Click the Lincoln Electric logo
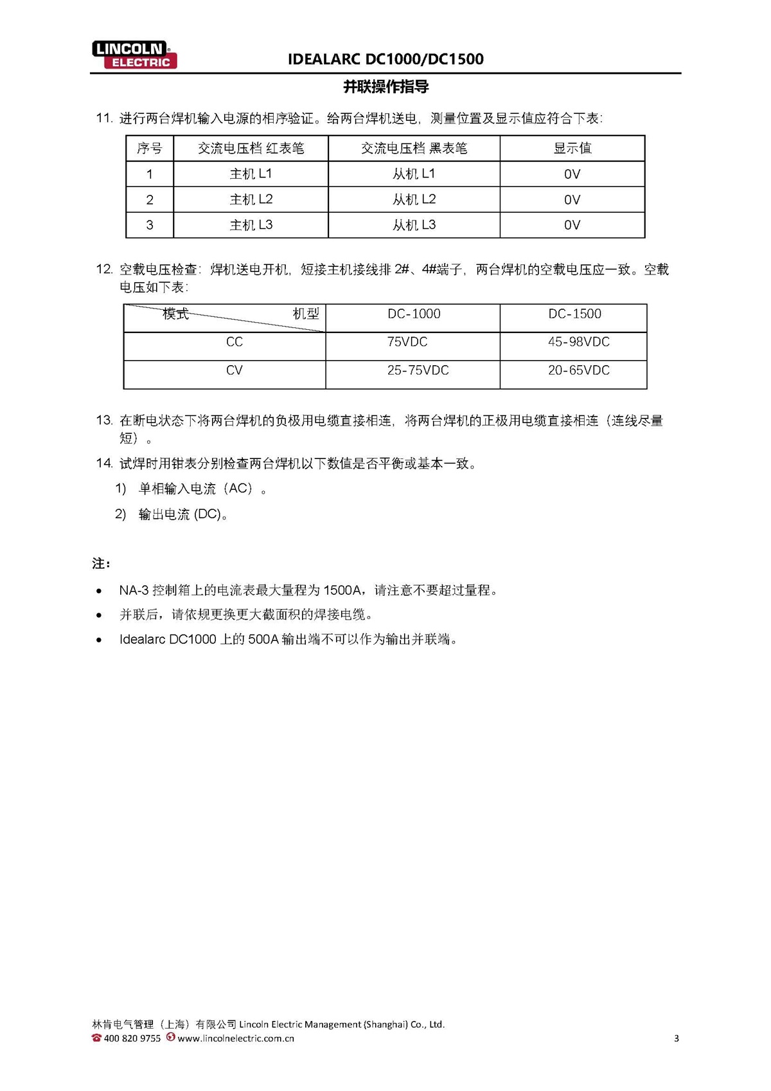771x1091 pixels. [x=134, y=55]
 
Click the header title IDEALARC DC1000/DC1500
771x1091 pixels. [x=385, y=59]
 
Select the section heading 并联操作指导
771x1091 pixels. [x=385, y=87]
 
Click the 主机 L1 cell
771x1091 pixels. [x=251, y=174]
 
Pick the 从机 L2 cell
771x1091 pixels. [x=414, y=199]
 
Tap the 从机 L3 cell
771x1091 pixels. [x=414, y=225]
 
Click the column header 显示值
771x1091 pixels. [x=572, y=149]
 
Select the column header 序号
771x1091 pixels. [x=149, y=149]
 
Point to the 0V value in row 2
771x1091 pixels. [x=572, y=200]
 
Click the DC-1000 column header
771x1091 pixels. [x=414, y=314]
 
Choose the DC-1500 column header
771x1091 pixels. [x=574, y=314]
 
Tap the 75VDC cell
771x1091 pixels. [x=407, y=342]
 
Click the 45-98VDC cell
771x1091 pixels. [x=578, y=342]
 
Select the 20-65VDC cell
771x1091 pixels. [x=578, y=370]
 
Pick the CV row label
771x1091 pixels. [x=234, y=370]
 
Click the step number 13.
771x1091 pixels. [x=103, y=420]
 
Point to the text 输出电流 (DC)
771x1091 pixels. [x=182, y=514]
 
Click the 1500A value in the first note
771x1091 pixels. [x=342, y=590]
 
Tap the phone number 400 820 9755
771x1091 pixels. [x=132, y=1038]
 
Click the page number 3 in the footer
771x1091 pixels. [x=676, y=1038]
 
